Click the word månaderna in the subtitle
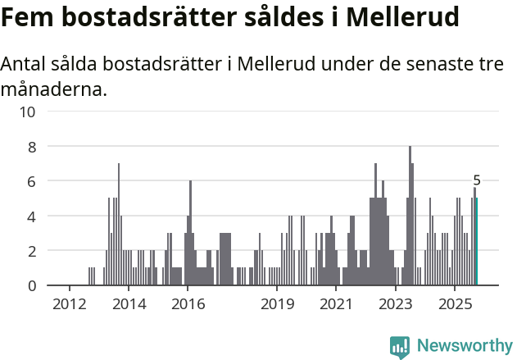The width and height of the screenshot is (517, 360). pyautogui.click(x=54, y=89)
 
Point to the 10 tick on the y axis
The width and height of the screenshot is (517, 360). pyautogui.click(x=26, y=112)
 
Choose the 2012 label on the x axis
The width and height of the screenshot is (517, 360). pyautogui.click(x=69, y=304)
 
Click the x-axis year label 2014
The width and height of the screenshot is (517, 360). pyautogui.click(x=128, y=304)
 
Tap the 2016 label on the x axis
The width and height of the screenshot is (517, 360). pyautogui.click(x=188, y=304)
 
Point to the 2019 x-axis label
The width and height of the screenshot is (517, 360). pyautogui.click(x=277, y=304)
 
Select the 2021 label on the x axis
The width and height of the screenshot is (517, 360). pyautogui.click(x=336, y=304)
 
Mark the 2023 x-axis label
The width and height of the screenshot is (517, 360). pyautogui.click(x=396, y=304)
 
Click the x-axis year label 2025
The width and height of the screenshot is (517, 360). pyautogui.click(x=455, y=304)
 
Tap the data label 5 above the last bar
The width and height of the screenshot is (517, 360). pyautogui.click(x=477, y=180)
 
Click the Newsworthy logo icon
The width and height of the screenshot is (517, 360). pyautogui.click(x=400, y=346)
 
